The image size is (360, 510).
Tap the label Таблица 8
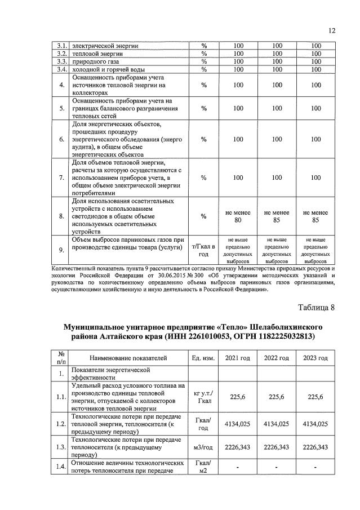(315, 307)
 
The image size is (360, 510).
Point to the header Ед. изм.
(203, 358)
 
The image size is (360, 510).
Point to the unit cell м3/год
(203, 447)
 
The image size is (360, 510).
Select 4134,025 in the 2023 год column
(315, 423)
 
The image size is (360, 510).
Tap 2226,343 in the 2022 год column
(276, 447)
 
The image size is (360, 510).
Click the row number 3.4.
(62, 69)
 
